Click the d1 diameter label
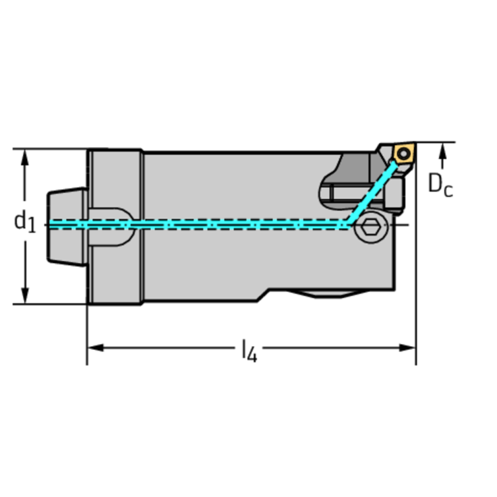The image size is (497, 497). click(25, 222)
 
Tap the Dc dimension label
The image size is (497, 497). click(441, 185)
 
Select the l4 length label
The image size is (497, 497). click(249, 352)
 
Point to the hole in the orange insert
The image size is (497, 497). click(404, 154)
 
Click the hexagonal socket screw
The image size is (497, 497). click(371, 227)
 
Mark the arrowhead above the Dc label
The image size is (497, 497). click(443, 150)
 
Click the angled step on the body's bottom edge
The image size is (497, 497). click(266, 294)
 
